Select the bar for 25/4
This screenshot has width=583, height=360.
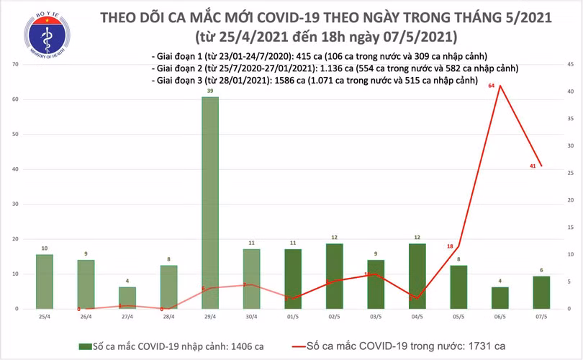tap(45, 282)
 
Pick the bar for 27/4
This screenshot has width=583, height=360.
tap(127, 297)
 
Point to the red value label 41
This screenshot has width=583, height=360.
tap(531, 166)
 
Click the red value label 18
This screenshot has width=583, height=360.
tap(450, 246)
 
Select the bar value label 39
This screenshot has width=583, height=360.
tap(210, 91)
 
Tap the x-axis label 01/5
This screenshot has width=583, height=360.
tap(293, 316)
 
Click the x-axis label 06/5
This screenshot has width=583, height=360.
tap(500, 316)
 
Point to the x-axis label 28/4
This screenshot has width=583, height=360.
tap(168, 316)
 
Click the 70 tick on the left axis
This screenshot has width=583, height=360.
tap(15, 65)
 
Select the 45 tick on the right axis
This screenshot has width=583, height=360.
tap(569, 65)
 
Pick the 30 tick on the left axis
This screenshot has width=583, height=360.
tap(15, 204)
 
